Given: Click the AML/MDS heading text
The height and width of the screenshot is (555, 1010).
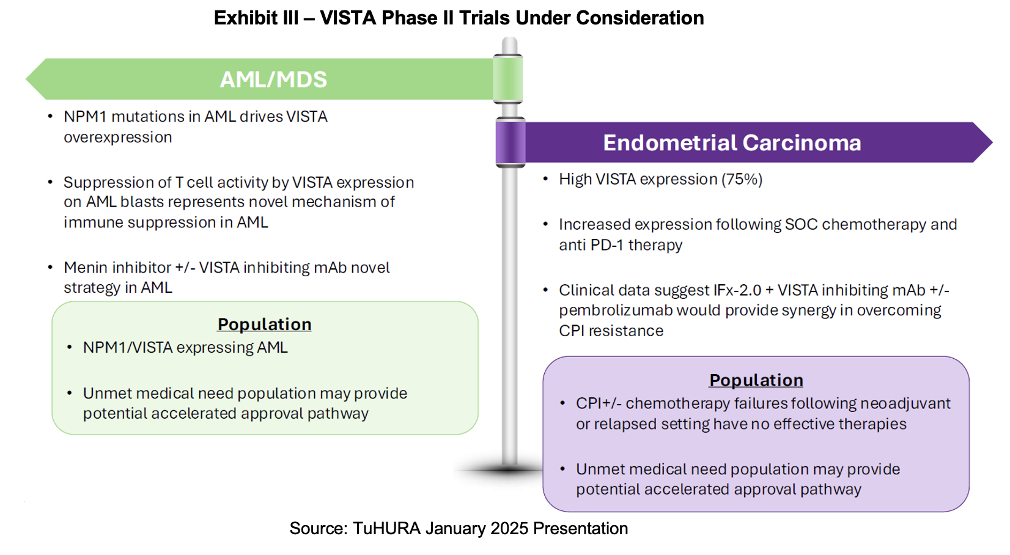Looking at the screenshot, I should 273,79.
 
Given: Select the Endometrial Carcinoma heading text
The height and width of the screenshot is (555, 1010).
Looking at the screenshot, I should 732,142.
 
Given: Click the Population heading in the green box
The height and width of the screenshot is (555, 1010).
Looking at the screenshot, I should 264,324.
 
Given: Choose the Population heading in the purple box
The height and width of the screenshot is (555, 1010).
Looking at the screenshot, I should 756,380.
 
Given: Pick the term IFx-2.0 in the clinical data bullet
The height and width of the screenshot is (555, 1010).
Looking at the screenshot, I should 737,290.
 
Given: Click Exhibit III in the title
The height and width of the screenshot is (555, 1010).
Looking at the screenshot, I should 256,18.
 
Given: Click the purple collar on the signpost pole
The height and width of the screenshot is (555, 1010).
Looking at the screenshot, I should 511,142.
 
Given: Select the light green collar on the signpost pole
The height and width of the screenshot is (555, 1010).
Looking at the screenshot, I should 508,79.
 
